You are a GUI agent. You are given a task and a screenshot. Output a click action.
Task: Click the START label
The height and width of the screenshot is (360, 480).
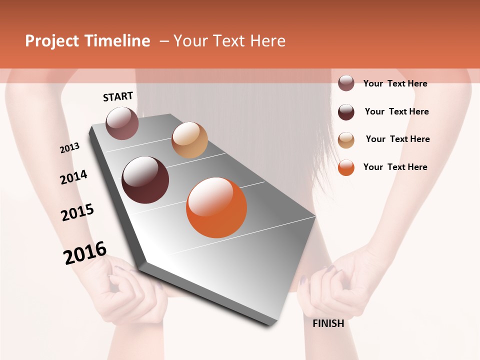point(118,96)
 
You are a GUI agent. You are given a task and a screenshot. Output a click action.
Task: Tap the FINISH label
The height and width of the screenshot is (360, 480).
point(328,323)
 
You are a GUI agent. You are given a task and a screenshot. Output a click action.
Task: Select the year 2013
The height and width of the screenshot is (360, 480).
point(69,148)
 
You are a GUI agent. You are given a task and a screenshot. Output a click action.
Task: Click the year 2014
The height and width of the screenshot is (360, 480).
point(73,177)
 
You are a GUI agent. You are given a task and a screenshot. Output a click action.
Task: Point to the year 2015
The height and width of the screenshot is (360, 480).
point(77,212)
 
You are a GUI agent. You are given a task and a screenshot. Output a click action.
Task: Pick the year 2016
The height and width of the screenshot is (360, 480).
point(85,253)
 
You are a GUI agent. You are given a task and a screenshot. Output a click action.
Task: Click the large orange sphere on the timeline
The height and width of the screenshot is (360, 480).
point(216,208)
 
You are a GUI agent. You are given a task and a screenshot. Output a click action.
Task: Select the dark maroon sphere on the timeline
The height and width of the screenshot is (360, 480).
point(145,180)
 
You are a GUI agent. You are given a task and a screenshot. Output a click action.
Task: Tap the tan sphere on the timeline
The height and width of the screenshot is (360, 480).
point(189,140)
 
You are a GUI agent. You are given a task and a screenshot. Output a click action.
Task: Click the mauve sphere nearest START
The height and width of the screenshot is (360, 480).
point(122,123)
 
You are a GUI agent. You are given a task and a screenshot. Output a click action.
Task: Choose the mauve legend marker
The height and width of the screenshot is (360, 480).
point(346,83)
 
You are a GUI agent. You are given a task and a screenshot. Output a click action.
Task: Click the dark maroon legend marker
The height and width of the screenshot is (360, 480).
point(346,112)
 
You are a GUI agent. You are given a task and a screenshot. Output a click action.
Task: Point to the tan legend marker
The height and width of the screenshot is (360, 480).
point(346,139)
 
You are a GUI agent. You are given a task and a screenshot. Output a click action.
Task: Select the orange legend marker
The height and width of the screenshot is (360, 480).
point(346,167)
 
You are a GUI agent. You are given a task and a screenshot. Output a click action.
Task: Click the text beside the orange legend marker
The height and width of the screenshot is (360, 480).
point(395,167)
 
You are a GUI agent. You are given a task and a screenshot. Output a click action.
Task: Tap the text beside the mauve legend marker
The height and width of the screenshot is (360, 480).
point(395,83)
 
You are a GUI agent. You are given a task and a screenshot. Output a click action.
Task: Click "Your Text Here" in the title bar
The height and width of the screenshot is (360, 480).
point(229,41)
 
